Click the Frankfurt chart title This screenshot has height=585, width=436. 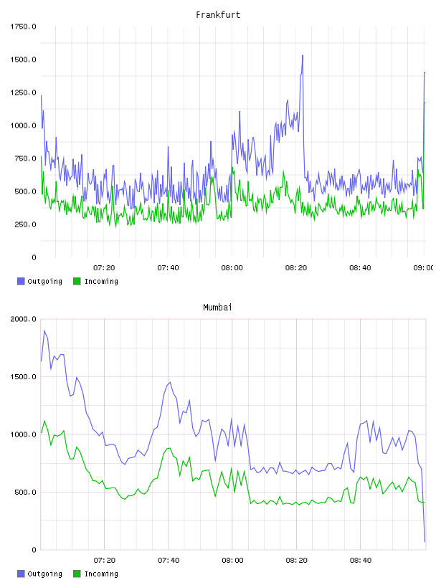click(x=218, y=15)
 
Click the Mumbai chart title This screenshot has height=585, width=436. click(x=217, y=308)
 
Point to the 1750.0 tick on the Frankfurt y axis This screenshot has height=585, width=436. click(x=23, y=27)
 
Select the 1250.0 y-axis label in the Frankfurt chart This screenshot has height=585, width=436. click(x=23, y=92)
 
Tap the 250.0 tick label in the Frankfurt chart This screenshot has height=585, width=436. click(x=25, y=224)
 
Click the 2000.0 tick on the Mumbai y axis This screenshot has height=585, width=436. click(x=23, y=319)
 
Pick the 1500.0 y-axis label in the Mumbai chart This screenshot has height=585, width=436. click(x=23, y=377)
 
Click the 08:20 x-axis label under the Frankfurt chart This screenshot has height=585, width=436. click(x=296, y=268)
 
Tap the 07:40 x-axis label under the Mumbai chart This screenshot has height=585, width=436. click(x=169, y=561)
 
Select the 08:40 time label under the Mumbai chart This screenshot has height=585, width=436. click(x=361, y=561)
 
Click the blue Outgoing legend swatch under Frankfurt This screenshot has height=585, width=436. click(x=21, y=281)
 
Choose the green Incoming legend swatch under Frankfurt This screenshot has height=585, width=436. click(x=77, y=281)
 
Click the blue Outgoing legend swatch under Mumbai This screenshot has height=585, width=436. click(x=21, y=574)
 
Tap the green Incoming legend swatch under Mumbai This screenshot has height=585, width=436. click(x=77, y=574)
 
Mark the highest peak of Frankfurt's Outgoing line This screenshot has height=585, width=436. click(x=303, y=56)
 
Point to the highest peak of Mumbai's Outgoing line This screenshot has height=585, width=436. click(x=44, y=330)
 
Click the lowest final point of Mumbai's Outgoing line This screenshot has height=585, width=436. click(x=425, y=541)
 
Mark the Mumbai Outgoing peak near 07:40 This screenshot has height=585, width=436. click(x=170, y=382)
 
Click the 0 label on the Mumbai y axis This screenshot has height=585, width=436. click(x=34, y=550)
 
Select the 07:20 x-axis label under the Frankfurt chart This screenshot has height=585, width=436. click(x=104, y=268)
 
